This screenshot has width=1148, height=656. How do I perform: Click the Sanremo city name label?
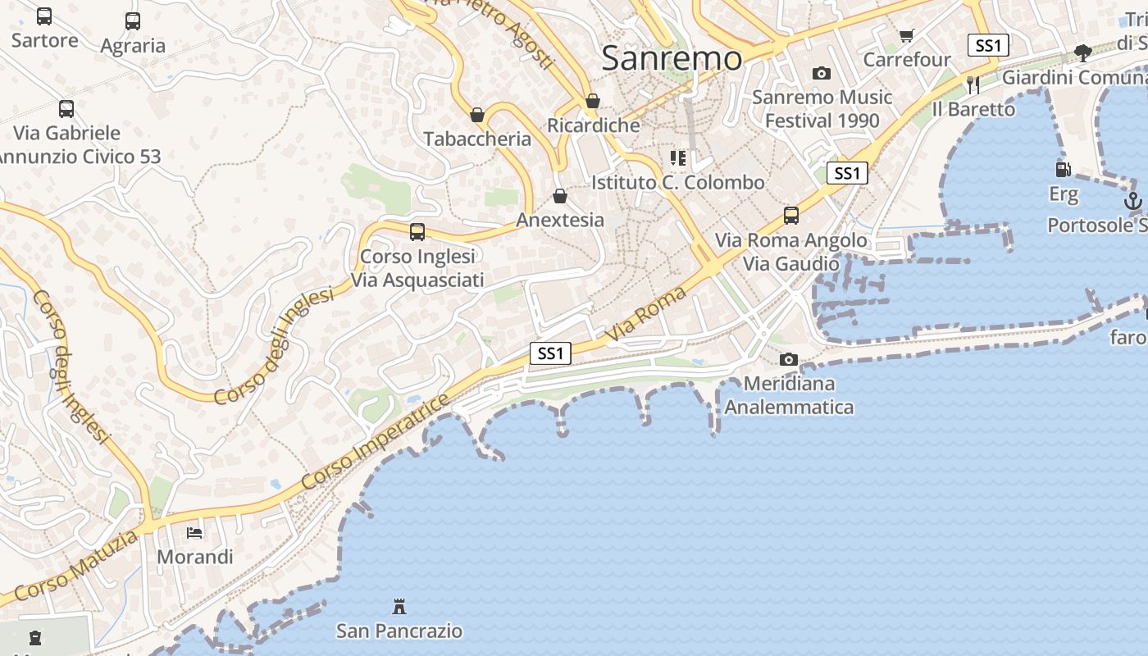(672, 58)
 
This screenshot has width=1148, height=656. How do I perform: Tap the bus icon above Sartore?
(44, 16)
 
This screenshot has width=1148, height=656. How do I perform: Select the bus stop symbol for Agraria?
(133, 21)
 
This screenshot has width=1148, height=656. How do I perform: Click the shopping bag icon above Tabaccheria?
(477, 115)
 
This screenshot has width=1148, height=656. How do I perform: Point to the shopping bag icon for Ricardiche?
(593, 101)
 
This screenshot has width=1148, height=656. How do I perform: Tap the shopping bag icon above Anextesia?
(560, 196)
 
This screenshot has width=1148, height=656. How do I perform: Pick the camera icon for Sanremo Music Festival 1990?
(822, 73)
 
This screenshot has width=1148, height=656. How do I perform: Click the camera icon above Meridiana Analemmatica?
(789, 359)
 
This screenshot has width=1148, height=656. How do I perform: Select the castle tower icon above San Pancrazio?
(399, 607)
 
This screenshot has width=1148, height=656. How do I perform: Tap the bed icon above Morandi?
(194, 533)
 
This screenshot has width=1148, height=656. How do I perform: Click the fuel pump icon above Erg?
(1063, 170)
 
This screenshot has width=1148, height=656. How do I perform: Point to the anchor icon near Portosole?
(1133, 200)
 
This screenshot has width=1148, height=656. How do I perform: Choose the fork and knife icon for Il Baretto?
(973, 84)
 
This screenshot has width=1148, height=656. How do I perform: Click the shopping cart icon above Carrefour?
(906, 35)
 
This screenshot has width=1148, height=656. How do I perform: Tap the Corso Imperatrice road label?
(376, 443)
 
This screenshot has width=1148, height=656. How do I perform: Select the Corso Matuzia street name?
(76, 566)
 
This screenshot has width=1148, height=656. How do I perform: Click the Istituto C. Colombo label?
(678, 182)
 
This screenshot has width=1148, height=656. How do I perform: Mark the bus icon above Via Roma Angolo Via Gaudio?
(791, 216)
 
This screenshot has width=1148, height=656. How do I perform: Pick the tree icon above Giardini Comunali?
(1083, 53)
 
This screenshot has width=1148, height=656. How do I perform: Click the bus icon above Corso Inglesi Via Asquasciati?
(417, 232)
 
